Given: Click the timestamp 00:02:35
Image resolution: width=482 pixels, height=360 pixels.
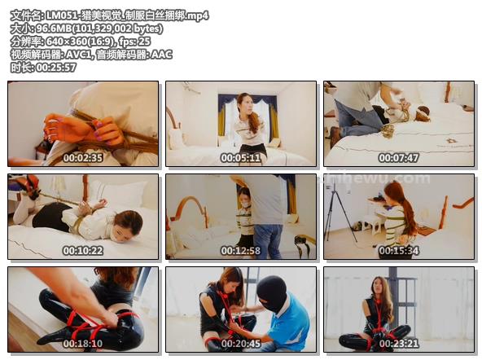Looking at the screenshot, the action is tap(83, 158).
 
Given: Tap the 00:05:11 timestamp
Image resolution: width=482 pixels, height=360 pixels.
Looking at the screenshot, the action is tap(241, 158).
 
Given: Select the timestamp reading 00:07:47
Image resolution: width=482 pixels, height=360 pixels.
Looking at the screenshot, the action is tap(398, 158).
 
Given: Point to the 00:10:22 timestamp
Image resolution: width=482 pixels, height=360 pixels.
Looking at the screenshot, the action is tap(83, 251).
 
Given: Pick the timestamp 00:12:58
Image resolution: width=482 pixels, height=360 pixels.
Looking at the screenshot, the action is tap(241, 251).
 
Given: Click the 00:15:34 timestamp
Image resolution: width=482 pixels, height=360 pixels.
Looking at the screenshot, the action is tap(398, 251).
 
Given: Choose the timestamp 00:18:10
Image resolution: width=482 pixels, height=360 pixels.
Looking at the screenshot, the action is tap(83, 344).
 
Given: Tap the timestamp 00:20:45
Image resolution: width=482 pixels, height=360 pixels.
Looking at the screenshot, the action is tap(241, 344).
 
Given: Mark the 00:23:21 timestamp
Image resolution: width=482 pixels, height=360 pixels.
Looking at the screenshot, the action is tap(398, 344).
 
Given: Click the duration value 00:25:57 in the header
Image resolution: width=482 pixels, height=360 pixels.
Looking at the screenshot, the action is tap(56, 68).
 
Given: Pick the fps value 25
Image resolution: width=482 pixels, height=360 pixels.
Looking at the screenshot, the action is tap(144, 42).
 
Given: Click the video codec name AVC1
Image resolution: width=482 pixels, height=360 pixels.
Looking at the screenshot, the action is tap(79, 55).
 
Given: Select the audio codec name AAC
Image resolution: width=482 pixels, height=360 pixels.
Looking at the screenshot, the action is tap(162, 55).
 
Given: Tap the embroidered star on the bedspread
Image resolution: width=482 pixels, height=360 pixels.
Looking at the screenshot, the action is tap(450, 141).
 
